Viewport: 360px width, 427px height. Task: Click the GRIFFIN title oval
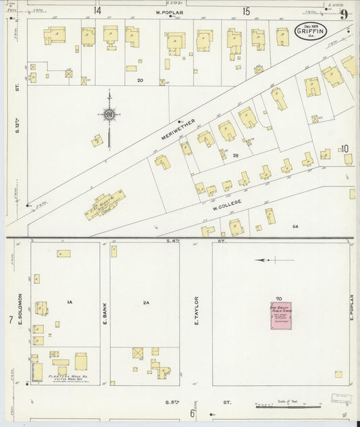click(311, 32)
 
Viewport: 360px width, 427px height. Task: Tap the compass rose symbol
click(108, 118)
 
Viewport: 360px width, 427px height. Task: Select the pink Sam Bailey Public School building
click(277, 316)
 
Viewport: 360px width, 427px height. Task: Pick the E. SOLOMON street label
click(22, 308)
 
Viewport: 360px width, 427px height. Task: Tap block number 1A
click(69, 302)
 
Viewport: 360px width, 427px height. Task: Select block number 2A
click(145, 302)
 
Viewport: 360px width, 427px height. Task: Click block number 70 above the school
click(278, 298)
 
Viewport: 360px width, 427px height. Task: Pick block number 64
click(294, 226)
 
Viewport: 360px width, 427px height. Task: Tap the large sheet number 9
click(344, 14)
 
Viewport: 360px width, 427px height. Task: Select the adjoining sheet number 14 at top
click(97, 11)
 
